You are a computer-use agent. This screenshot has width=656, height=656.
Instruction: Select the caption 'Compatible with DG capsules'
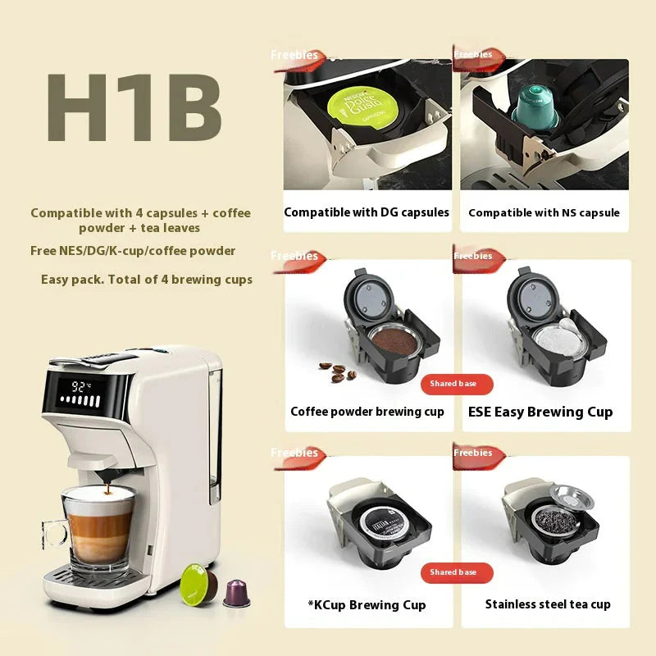[367, 212]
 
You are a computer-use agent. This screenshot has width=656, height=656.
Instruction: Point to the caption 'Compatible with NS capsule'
[544, 213]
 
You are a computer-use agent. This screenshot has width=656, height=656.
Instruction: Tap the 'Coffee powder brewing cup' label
[367, 412]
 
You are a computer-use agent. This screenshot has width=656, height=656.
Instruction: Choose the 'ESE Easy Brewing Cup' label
[540, 412]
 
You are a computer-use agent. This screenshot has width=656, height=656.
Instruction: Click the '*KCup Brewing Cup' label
[367, 605]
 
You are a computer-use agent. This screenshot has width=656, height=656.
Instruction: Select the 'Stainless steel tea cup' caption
[548, 604]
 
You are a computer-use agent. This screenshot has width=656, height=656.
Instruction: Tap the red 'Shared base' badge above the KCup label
[453, 572]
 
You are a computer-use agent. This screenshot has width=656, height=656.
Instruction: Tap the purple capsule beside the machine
[236, 592]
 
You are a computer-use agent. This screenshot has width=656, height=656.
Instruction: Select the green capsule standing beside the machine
[198, 581]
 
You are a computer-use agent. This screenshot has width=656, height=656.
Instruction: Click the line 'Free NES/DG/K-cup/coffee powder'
[133, 251]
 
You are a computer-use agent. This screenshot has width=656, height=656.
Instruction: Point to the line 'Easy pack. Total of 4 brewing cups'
[147, 280]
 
